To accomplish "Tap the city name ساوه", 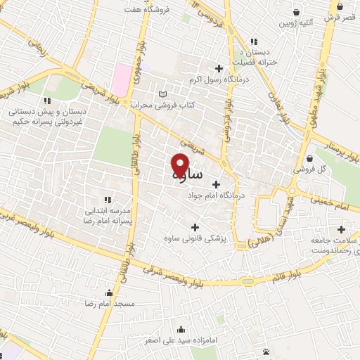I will (186, 174).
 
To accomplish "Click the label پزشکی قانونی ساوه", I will (195, 239).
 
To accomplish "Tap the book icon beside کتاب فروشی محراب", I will (163, 94).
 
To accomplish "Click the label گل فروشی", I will (311, 169).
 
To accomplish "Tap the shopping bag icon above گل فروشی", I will (311, 158).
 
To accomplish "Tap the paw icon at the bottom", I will (266, 351).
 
